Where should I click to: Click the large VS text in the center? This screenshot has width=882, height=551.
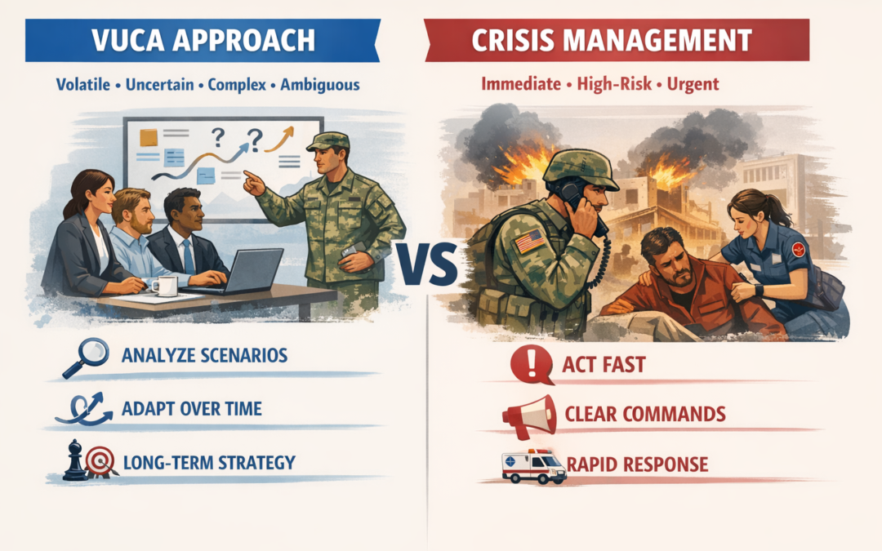click(427, 264)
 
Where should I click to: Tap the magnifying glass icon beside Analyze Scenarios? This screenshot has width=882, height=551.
click(86, 358)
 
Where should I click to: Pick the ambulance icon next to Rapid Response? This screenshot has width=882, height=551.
click(534, 467)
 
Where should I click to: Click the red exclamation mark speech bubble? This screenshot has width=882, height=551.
click(532, 365)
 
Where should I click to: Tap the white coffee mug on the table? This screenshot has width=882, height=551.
click(165, 286)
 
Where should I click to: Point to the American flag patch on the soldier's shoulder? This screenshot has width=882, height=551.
click(530, 241)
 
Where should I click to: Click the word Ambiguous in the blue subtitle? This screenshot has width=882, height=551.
click(320, 85)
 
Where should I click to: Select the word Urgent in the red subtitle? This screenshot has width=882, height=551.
click(693, 84)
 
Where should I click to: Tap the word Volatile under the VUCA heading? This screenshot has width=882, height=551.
click(83, 85)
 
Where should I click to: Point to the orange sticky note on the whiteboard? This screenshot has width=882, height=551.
click(149, 137)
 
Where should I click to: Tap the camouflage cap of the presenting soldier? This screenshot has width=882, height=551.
click(328, 140)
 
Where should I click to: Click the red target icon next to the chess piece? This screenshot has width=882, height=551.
click(100, 461)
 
